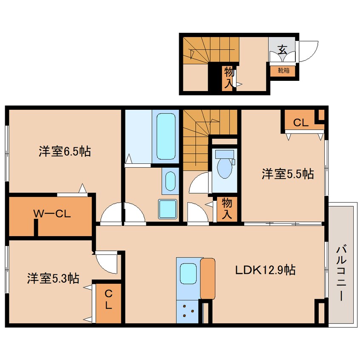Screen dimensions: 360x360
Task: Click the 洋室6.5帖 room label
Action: tap(65, 151)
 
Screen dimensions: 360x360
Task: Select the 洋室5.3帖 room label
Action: tap(53, 279)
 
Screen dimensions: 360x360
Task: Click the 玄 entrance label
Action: tap(282, 49)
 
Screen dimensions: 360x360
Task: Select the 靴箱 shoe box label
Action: tap(283, 70)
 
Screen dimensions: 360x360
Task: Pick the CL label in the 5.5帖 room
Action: tap(301, 123)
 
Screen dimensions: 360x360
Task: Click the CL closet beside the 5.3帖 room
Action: tap(109, 300)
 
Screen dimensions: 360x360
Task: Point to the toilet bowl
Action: tap(224, 168)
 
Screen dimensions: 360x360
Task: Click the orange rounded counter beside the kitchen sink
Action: tap(208, 279)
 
